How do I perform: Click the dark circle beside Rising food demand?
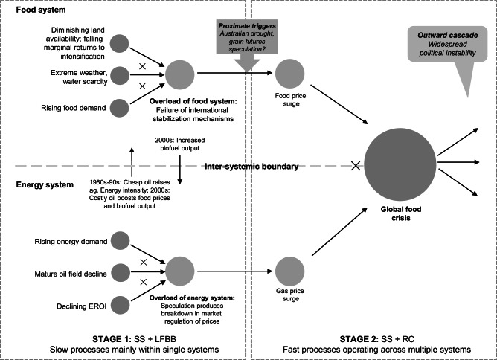(118, 107)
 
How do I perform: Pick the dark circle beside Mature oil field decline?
(118, 271)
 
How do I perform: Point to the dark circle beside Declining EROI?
(118, 305)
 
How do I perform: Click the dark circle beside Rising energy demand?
(118, 242)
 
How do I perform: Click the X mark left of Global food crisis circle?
(356, 166)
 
